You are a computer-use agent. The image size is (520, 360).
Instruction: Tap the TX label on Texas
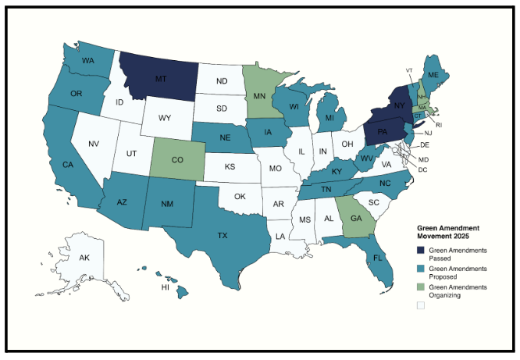click(223, 234)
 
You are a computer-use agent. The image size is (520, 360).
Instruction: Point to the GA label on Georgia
click(357, 218)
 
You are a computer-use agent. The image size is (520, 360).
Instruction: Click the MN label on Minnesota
click(260, 97)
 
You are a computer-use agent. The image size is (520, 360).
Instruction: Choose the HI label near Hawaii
click(166, 287)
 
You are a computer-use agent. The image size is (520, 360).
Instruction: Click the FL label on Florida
click(377, 258)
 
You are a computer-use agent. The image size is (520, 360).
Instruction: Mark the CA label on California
click(68, 165)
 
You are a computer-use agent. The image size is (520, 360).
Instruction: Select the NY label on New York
click(398, 105)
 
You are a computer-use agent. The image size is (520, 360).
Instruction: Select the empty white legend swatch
click(420, 307)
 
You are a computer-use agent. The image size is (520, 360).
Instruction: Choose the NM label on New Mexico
click(168, 204)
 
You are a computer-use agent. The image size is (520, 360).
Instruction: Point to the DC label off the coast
click(422, 169)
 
